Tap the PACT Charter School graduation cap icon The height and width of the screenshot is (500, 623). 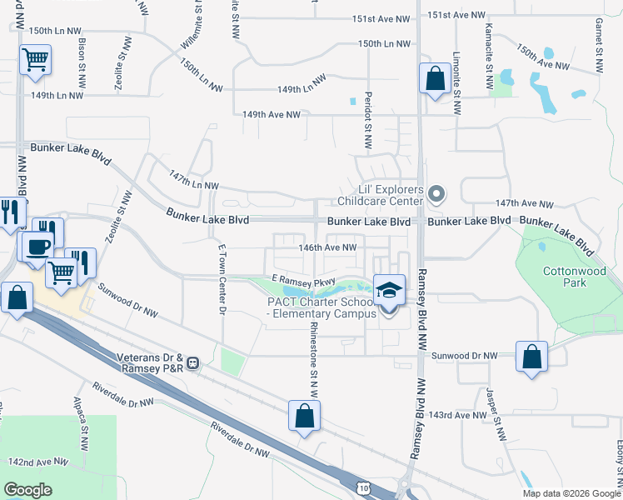coord(389,291)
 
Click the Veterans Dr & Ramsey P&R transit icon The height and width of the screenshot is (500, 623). coord(193,362)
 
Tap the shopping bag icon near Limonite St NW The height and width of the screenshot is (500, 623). coord(435,79)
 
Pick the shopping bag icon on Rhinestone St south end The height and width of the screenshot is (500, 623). coord(305,415)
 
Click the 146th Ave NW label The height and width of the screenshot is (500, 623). coord(328,247)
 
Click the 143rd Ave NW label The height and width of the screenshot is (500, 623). coord(458,415)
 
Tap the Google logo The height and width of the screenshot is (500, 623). coord(29,489)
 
